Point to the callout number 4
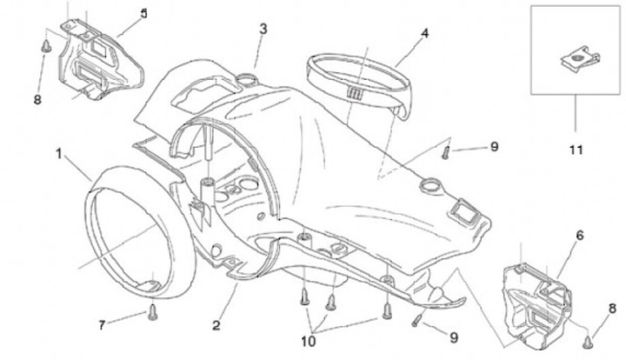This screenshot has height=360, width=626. coord(424,34)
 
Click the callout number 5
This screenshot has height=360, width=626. coord(143,13)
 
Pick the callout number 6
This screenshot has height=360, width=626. coord(580,235)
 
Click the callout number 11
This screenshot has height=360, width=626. coord(575,150)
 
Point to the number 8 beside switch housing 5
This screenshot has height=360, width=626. coord(37,99)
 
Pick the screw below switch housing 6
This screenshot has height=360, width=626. coord(588,339)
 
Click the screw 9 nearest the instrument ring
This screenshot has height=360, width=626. coord(446,152)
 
